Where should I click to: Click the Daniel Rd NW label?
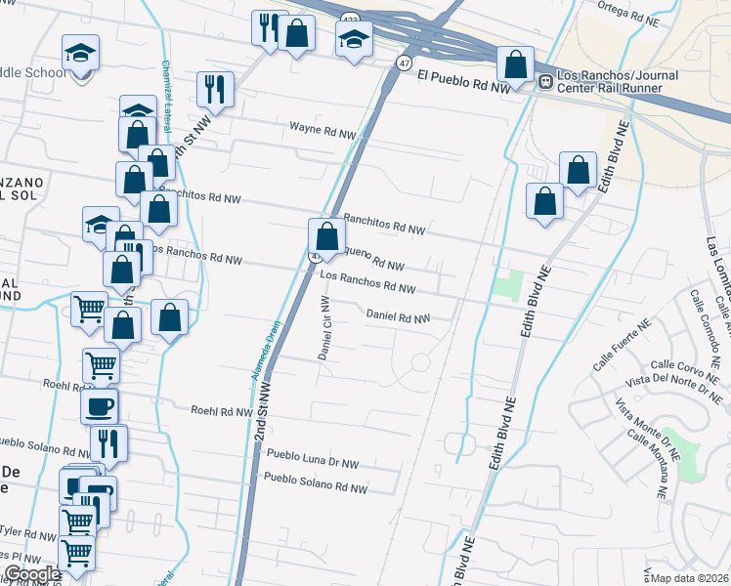point(398,317)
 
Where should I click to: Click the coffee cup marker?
point(100,406)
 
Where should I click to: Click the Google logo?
point(32,574)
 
